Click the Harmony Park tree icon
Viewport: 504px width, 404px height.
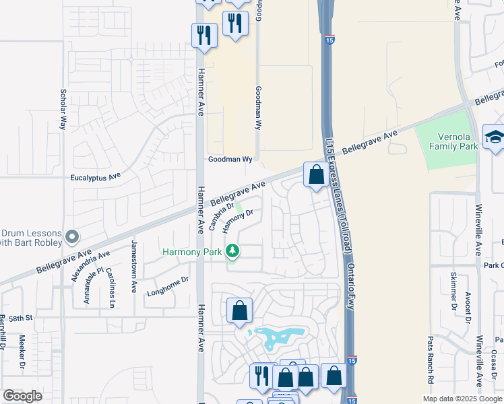(x=232, y=252)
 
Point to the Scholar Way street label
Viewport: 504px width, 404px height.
(x=63, y=108)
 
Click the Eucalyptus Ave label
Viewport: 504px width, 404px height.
(x=95, y=177)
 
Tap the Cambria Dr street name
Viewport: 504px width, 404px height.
(x=221, y=217)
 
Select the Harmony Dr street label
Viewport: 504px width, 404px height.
(x=237, y=220)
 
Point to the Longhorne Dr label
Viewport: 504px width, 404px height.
(x=168, y=284)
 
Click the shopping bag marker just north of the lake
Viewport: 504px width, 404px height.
(x=239, y=310)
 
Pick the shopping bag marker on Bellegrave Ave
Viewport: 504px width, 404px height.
(x=316, y=175)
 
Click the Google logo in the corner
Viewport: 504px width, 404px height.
(x=22, y=397)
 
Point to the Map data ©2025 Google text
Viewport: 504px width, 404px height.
(x=462, y=399)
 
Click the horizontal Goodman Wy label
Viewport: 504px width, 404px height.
(x=229, y=160)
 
